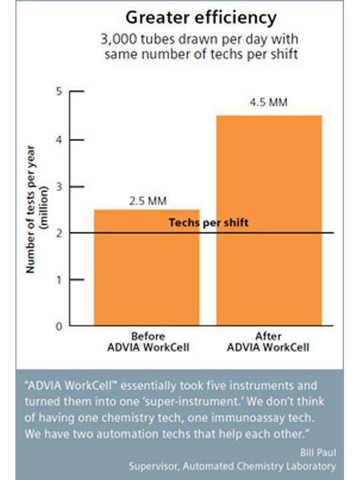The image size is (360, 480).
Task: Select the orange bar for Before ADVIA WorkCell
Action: click(147, 267)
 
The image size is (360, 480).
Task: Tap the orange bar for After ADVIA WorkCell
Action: click(269, 221)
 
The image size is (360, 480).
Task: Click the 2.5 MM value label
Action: click(148, 201)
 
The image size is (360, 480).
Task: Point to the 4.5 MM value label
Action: click(269, 102)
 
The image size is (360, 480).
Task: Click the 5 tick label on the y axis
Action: click(59, 91)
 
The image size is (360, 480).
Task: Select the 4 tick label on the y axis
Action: click(59, 140)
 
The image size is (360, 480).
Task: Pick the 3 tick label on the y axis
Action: click(59, 187)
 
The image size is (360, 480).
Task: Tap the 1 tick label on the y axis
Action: click(59, 280)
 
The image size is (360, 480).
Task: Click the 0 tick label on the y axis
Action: click(59, 326)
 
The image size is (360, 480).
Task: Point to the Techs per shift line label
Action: click(209, 223)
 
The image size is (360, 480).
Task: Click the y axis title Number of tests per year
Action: click(31, 209)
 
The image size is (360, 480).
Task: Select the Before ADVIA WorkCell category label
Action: click(148, 342)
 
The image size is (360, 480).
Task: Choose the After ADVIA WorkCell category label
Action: click(268, 342)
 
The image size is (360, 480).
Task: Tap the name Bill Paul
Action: click(318, 453)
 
